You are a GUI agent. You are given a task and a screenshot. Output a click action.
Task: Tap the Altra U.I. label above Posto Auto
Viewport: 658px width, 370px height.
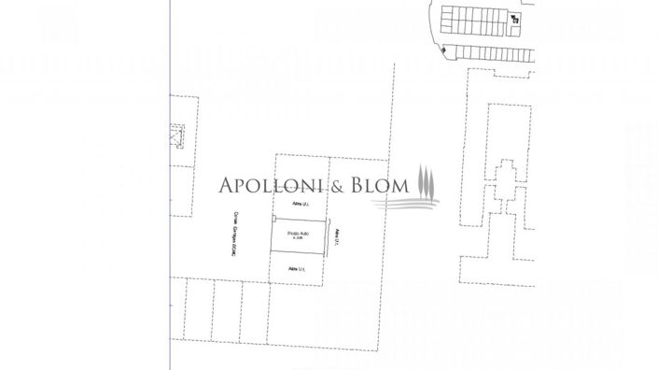click(300, 203)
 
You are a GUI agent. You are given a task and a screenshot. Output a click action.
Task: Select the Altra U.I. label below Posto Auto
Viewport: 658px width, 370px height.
click(298, 269)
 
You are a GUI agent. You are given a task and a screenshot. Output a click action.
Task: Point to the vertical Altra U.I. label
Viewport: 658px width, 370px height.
click(337, 239)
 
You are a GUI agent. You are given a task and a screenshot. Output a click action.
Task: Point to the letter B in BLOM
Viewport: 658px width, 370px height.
click(357, 185)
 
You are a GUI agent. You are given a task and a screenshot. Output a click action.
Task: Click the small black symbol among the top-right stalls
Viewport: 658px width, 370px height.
click(514, 18)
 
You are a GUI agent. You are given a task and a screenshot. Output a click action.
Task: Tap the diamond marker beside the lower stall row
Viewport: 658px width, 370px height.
click(445, 50)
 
